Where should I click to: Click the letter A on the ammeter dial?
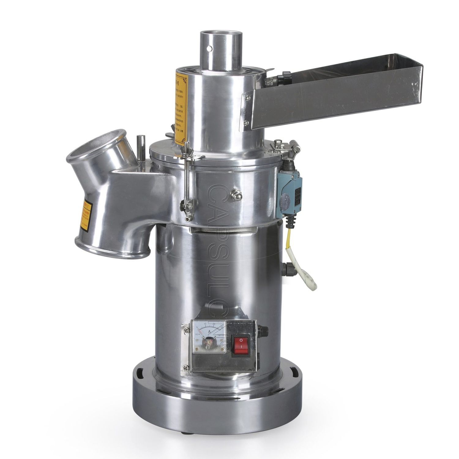click(209, 331)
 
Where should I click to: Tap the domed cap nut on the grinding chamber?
click(237, 195)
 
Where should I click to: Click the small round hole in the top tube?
click(209, 48)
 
